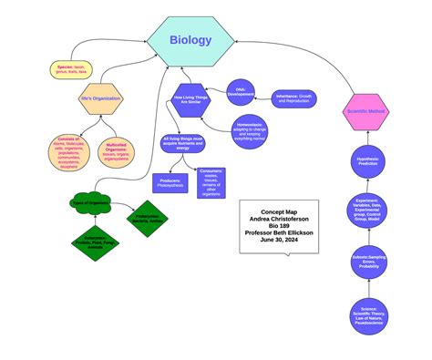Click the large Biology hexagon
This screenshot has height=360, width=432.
pyautogui.click(x=190, y=40)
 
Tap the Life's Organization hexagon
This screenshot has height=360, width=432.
pyautogui.click(x=101, y=98)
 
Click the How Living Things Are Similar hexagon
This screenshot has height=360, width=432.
pyautogui.click(x=193, y=100)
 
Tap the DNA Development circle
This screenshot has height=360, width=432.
pyautogui.click(x=241, y=93)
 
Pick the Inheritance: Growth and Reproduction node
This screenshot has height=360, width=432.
pyautogui.click(x=294, y=98)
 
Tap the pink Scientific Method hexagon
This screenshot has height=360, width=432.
pyautogui.click(x=366, y=110)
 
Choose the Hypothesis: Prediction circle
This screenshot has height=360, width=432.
pyautogui.click(x=366, y=163)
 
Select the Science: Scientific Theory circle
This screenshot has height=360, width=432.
pyautogui.click(x=366, y=315)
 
